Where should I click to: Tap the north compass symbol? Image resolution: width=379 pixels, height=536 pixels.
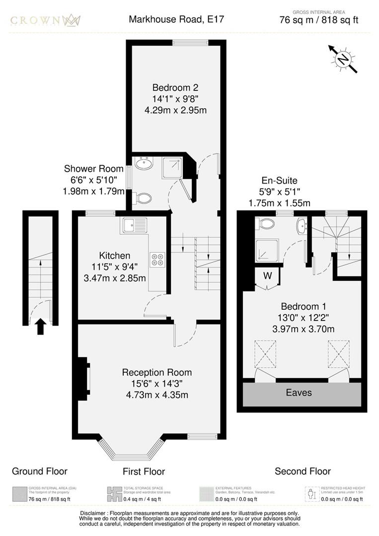(343, 60)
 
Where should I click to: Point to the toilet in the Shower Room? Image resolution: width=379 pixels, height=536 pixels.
(143, 198)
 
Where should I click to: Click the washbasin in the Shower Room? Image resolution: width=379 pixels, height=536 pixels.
(144, 163)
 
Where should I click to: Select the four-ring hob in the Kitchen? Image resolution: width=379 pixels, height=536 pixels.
(157, 260)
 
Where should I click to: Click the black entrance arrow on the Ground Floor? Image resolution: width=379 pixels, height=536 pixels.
(41, 327)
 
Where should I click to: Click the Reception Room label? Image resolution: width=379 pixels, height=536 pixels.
(157, 372)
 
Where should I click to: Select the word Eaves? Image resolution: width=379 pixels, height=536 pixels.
(299, 393)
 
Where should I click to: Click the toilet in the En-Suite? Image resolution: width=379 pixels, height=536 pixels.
(266, 224)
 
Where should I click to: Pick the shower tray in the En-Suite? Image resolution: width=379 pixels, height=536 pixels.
(267, 251)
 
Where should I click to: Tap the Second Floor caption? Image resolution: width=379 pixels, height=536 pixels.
(303, 471)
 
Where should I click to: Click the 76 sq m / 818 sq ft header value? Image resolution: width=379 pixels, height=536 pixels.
(319, 20)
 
